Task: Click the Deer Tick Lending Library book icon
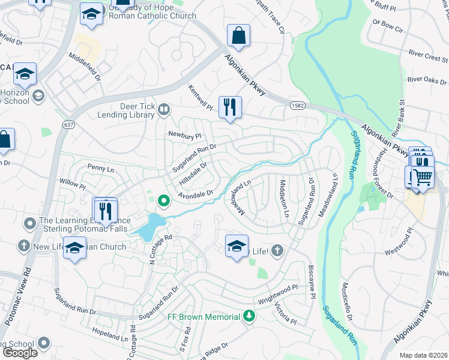coord(164,109)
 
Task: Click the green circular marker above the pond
coord(163,200)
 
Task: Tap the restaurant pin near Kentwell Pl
coord(230,107)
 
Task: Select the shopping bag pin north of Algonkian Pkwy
coord(238,35)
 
